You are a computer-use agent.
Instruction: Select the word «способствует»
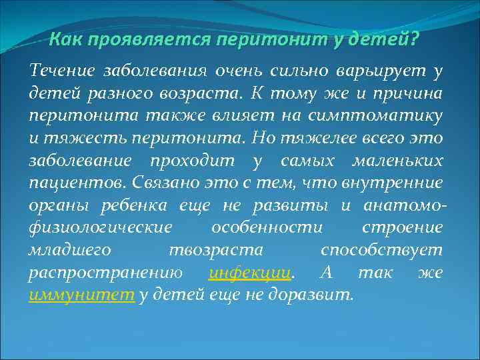point(381,251)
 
